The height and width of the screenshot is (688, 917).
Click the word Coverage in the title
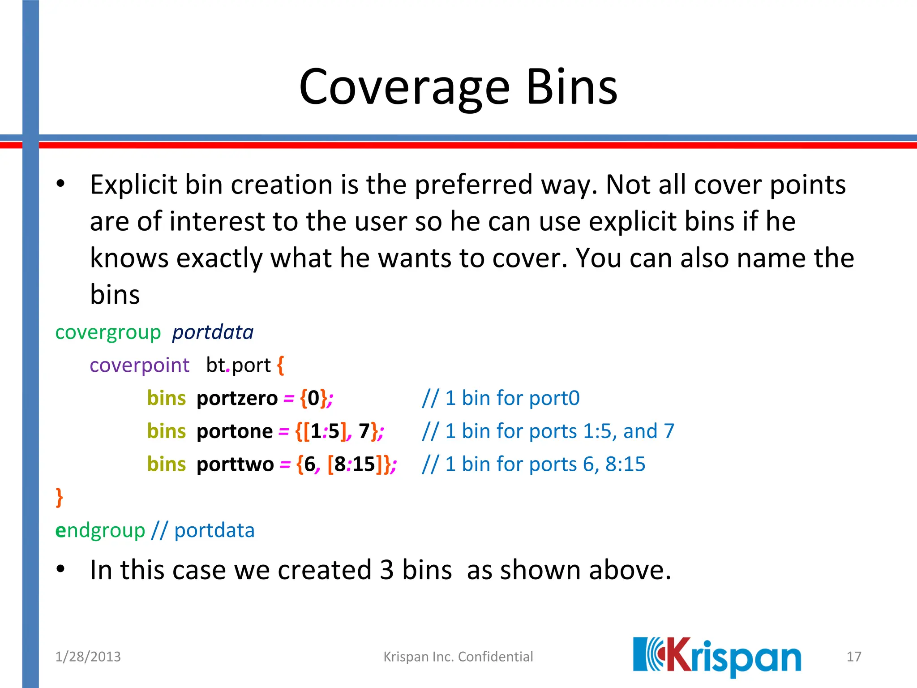pos(404,87)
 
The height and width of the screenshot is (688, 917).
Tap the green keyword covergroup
pos(108,333)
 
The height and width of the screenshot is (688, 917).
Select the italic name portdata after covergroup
pos(213,333)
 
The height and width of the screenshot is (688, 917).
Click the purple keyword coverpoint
pos(139,365)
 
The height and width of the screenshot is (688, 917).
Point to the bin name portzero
pos(237,398)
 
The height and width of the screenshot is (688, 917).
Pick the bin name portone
pos(235,431)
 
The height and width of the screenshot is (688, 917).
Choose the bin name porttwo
pos(235,464)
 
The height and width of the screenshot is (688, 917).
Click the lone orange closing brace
pos(59,498)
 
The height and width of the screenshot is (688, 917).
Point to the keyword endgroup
pos(100,531)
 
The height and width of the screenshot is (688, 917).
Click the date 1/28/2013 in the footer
pos(88,657)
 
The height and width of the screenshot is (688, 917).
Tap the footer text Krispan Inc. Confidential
pos(458,657)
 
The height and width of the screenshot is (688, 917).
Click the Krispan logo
pos(716,657)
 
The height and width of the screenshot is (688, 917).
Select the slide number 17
pos(854,657)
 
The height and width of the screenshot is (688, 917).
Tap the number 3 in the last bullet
pos(387,570)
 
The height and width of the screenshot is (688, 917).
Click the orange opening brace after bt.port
pos(280,365)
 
